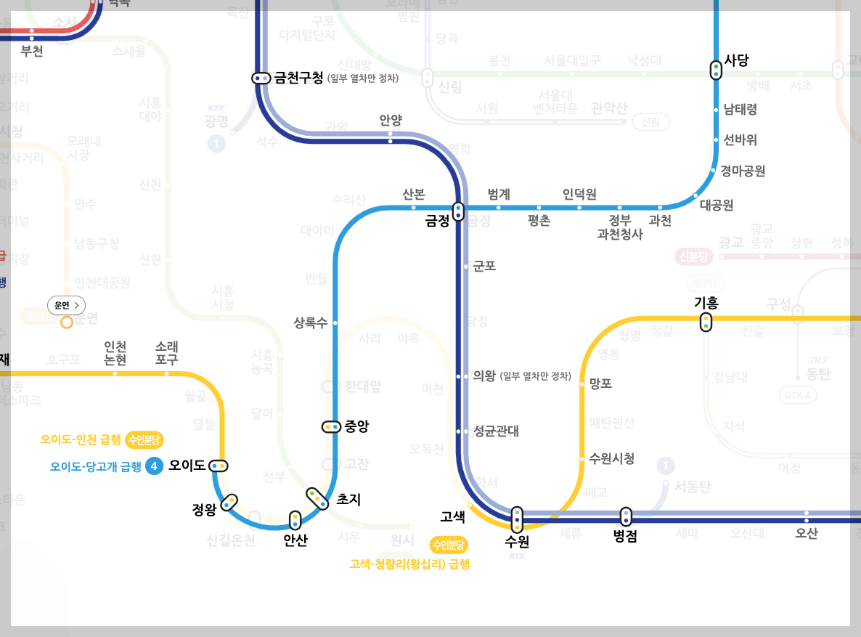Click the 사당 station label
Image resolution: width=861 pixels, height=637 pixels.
pos(736,61)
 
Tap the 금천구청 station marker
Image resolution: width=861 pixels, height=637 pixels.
pos(261,78)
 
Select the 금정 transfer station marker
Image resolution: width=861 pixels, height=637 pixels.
pos(458,211)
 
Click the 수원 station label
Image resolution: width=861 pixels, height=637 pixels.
pos(517,542)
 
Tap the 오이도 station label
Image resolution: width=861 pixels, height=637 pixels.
pos(187,466)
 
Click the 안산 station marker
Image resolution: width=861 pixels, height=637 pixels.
pos(295,521)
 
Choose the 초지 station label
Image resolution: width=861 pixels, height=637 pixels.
pos(348,500)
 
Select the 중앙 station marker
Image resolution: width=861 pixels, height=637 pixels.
pos(331,427)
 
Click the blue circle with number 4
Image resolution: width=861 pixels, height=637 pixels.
pos(153,466)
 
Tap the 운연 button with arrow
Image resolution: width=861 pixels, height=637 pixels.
pos(67,305)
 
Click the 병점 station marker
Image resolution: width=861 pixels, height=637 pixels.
pos(626,517)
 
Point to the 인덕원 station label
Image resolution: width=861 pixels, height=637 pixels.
pos(579,194)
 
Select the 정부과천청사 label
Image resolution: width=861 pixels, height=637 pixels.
pos(619,227)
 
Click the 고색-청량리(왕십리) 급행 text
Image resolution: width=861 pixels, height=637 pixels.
pos(409,564)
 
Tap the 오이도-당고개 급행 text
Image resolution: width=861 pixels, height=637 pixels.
pos(96,467)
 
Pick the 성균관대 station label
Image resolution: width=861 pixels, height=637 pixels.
pos(496,431)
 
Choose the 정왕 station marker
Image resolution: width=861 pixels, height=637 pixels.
pos(229,502)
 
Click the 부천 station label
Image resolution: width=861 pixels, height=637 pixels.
pos(32,52)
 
